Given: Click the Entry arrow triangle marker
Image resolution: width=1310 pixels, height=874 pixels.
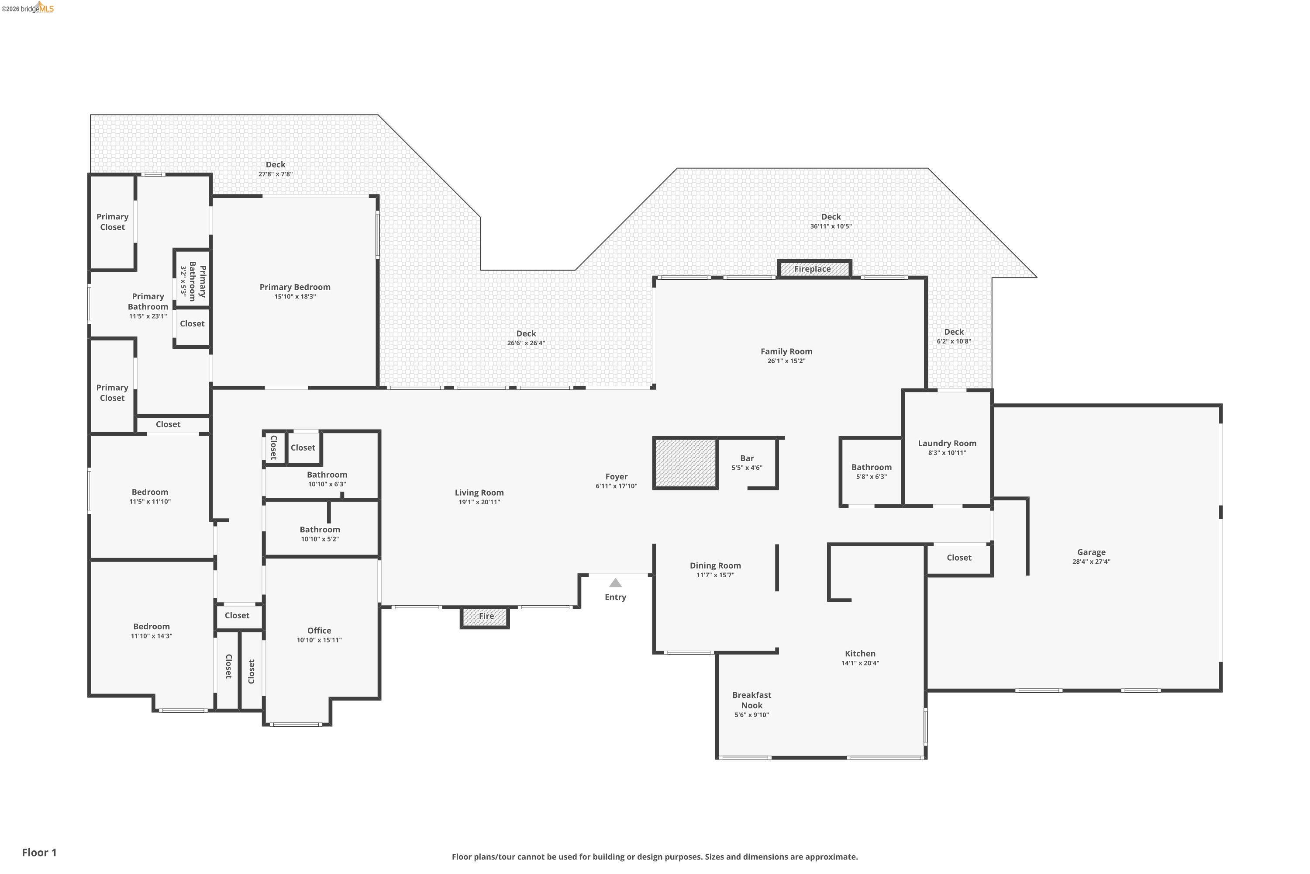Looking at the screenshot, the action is (x=615, y=583).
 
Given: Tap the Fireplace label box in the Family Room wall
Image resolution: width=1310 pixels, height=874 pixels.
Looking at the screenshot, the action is (x=814, y=269).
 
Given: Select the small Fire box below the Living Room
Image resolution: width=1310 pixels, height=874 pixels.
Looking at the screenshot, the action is (x=485, y=617).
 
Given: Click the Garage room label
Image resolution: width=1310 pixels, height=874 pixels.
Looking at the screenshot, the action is (x=1091, y=552).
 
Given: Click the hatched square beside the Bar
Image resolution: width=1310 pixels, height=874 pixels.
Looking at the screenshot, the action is (x=685, y=463).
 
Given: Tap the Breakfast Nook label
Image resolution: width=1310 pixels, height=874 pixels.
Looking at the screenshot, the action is (x=752, y=700).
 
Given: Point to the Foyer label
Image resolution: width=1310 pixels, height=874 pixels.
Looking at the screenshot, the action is (x=616, y=477).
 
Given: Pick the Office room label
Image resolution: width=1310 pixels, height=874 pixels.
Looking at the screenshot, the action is (x=319, y=631).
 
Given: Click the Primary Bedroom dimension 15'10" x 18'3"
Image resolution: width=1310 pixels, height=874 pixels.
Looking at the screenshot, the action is (x=295, y=297).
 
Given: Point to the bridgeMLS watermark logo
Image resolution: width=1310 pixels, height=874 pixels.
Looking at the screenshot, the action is (x=28, y=7).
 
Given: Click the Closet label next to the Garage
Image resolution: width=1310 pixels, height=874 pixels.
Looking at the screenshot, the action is (x=958, y=558).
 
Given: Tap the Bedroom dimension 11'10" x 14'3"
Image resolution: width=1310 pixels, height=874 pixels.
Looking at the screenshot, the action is (x=152, y=636).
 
